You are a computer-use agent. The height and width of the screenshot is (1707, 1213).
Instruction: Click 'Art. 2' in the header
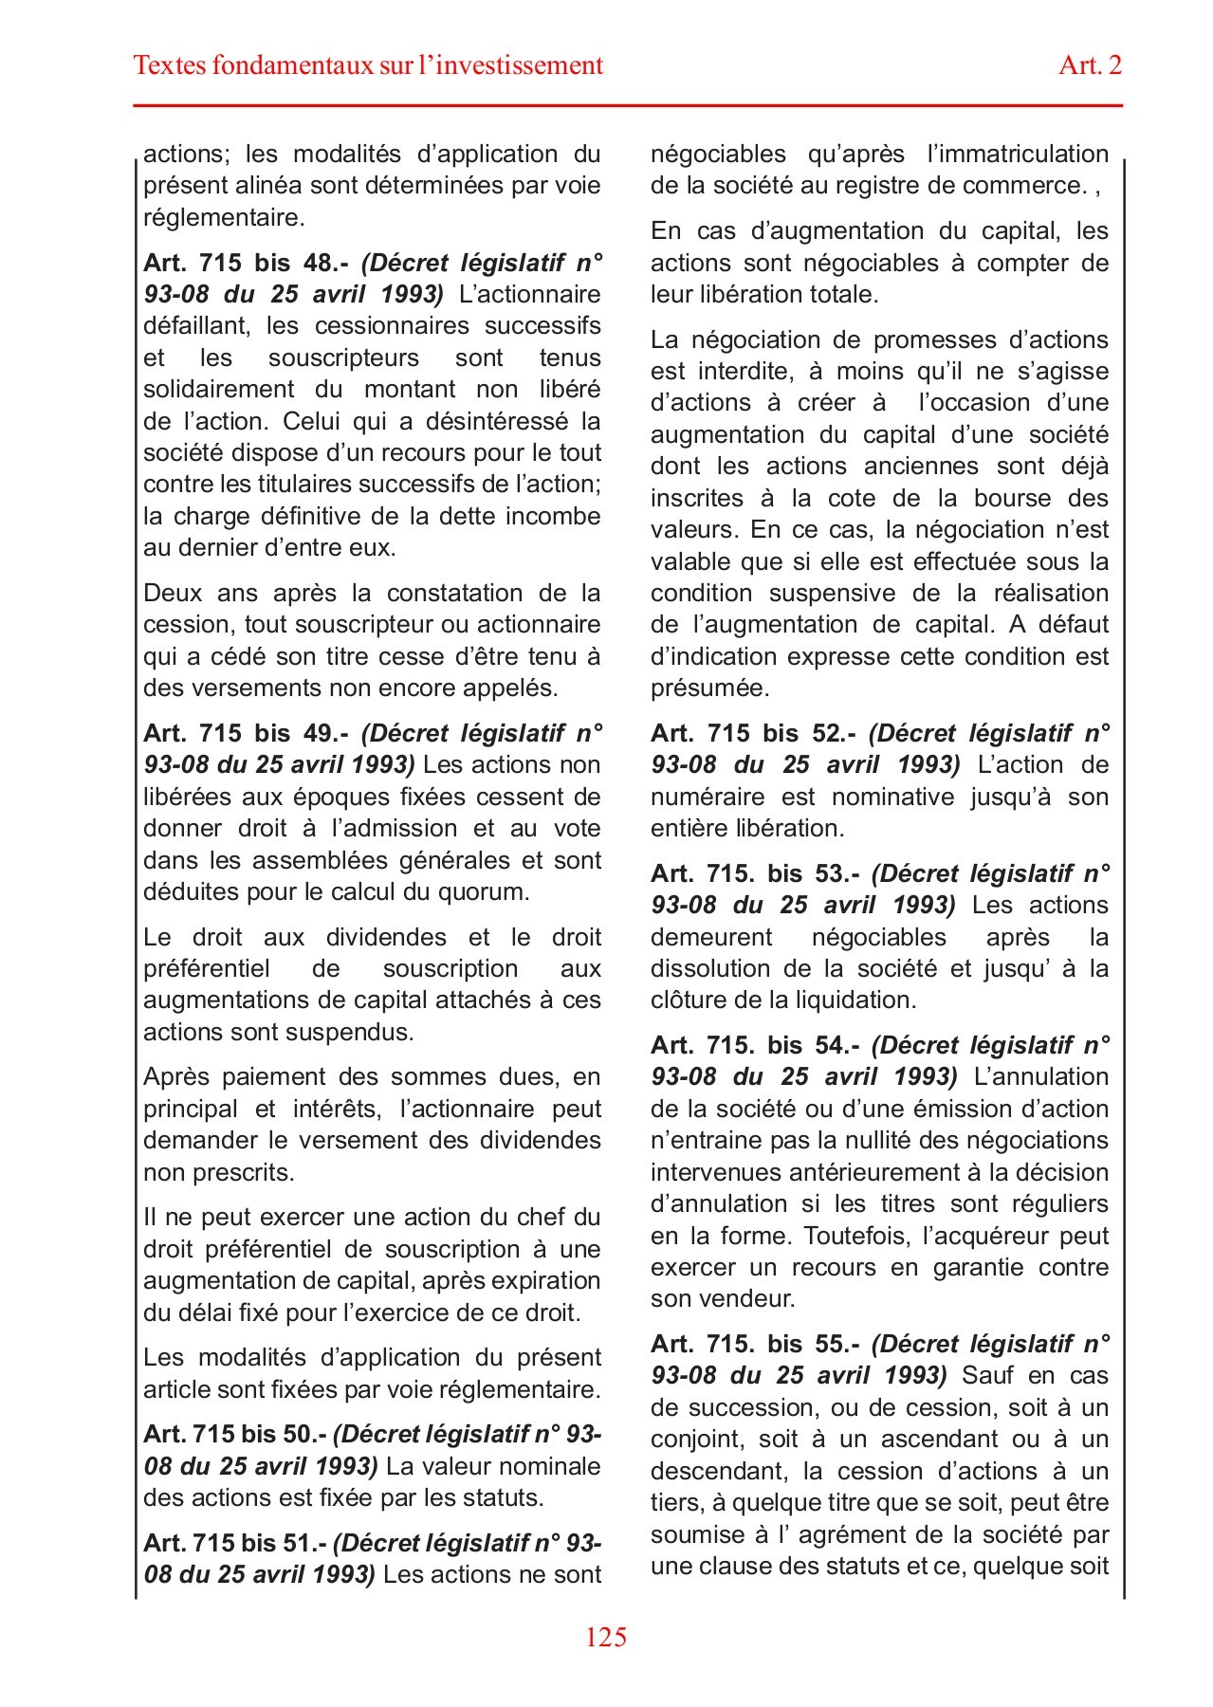(x=1090, y=64)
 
